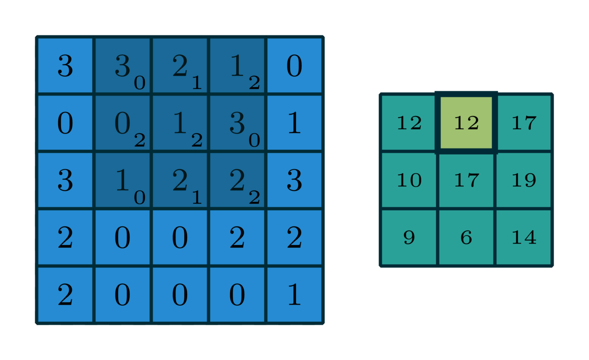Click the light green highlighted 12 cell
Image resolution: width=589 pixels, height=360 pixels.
click(466, 123)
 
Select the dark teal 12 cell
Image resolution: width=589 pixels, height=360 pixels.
click(409, 123)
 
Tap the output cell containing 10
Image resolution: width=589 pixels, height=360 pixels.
click(409, 180)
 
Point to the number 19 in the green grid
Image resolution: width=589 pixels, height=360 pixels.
click(524, 180)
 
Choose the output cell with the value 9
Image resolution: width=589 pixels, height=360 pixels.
click(409, 238)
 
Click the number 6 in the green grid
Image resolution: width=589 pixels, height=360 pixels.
click(466, 238)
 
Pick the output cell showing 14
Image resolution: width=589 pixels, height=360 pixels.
click(524, 238)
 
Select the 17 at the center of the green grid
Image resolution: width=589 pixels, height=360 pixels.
click(466, 180)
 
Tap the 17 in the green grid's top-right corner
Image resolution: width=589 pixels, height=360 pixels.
click(524, 123)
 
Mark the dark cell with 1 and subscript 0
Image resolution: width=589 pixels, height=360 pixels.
click(122, 180)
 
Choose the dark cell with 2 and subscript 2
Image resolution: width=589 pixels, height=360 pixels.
click(237, 180)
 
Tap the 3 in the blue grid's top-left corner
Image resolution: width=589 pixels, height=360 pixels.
click(65, 66)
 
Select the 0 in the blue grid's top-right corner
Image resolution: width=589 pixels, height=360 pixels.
click(294, 66)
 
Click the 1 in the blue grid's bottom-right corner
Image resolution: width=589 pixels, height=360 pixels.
click(294, 295)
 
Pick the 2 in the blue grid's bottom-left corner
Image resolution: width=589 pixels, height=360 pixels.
click(65, 295)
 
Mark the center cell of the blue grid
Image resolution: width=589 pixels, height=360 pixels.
click(180, 180)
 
